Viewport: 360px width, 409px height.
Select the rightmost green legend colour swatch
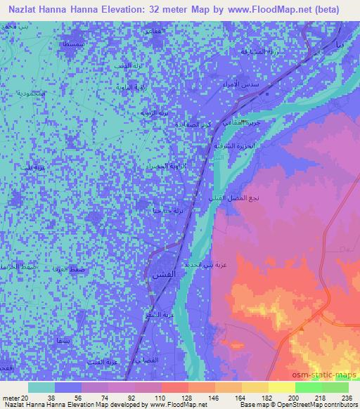[335, 387]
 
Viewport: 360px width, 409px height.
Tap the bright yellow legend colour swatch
[281, 387]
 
